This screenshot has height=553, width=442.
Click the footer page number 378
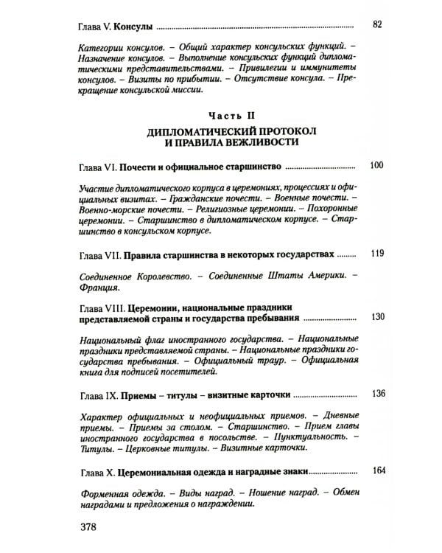[91, 528]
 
